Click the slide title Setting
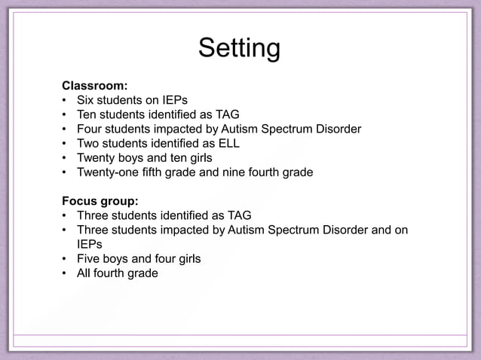(239, 49)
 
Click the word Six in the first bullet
(85, 100)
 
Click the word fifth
(153, 172)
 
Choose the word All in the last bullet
(84, 273)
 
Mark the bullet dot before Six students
(66, 100)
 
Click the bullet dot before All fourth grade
(66, 273)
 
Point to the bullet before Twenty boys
(66, 158)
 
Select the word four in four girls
(162, 259)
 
